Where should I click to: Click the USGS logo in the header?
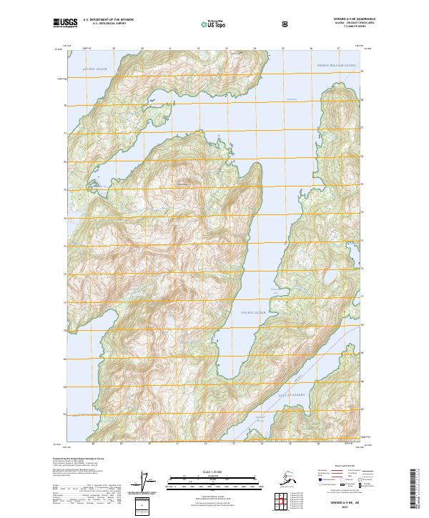[x=64, y=24]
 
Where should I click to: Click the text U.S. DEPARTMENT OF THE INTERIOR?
[x=108, y=21]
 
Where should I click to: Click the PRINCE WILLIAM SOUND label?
[x=336, y=65]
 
